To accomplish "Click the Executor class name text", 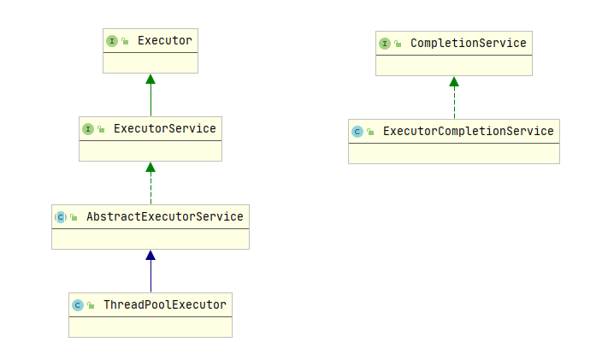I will (164, 40).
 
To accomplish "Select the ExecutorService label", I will (164, 128).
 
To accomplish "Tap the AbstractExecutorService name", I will (164, 216).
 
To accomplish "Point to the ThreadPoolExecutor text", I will (164, 304).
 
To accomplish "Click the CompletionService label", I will (468, 43).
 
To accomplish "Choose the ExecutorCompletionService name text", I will (468, 131).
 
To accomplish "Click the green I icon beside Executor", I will (112, 40).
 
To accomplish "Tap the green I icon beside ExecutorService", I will (88, 128).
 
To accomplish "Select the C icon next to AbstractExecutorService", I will (61, 217).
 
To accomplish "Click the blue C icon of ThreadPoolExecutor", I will (78, 305).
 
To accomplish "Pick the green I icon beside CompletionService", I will (385, 43).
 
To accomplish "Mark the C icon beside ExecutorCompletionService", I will (357, 132).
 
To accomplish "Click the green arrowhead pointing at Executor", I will (151, 80).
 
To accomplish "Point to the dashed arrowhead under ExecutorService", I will (151, 168).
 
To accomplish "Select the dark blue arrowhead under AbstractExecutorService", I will (151, 255).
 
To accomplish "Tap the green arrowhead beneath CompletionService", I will (454, 82).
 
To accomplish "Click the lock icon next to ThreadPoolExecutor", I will (91, 305).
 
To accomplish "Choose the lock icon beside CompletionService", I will (398, 43).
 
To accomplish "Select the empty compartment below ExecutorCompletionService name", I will (454, 153).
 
